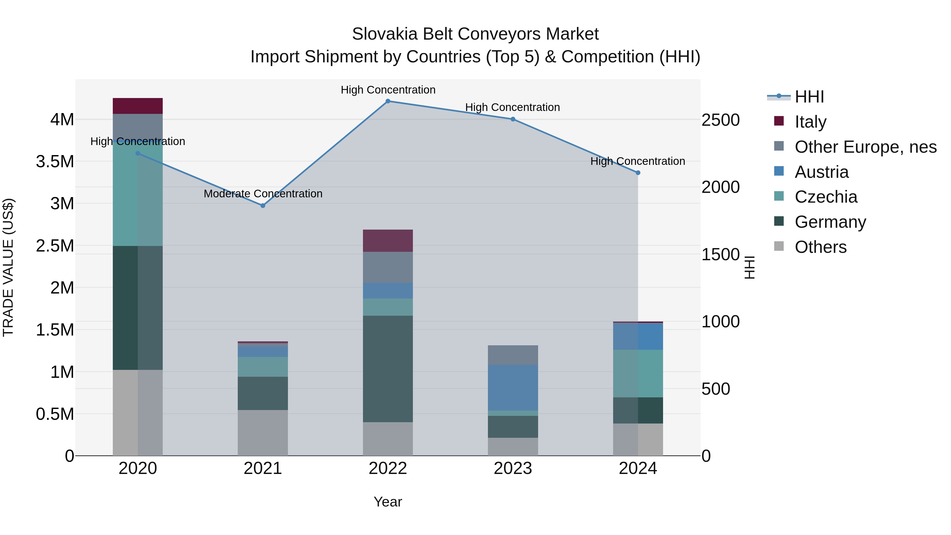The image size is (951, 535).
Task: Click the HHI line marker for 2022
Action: (388, 101)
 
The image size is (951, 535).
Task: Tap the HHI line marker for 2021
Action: (263, 206)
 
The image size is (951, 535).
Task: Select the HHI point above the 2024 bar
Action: (638, 173)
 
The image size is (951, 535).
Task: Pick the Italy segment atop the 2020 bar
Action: (138, 106)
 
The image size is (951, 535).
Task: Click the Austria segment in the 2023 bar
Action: (513, 388)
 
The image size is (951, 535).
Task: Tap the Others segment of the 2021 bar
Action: (263, 433)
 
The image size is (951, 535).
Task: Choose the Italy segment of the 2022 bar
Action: (388, 241)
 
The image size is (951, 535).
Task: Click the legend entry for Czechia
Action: (826, 197)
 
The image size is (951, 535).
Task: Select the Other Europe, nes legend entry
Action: (865, 147)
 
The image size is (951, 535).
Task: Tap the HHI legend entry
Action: (809, 97)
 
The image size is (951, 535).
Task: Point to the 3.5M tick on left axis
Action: (55, 162)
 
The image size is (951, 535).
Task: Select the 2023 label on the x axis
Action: (513, 468)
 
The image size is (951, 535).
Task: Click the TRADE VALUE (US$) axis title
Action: (8, 267)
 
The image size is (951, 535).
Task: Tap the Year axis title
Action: (388, 502)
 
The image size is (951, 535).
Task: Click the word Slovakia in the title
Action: (385, 34)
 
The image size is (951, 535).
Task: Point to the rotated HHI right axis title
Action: (749, 267)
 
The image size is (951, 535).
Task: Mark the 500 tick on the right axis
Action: (715, 389)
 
